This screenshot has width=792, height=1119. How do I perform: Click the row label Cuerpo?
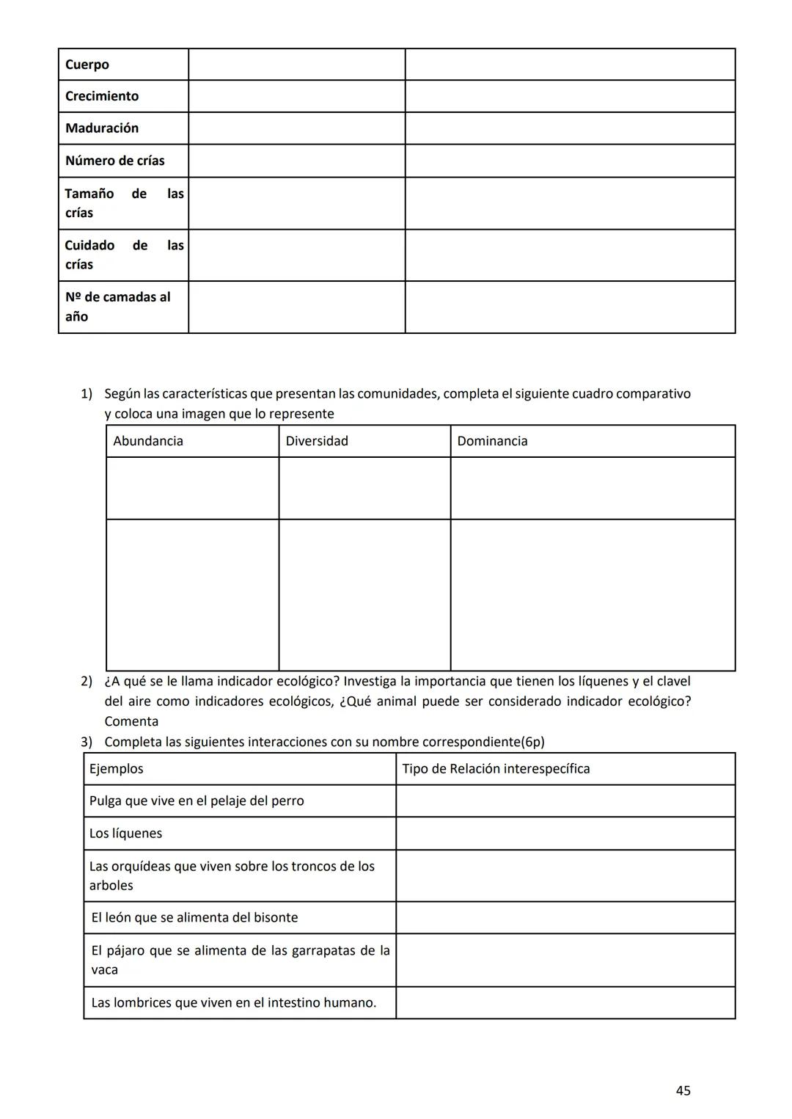coord(87,65)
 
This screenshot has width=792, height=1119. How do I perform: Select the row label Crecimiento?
coord(102,96)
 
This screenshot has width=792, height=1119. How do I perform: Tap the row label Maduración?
coord(102,128)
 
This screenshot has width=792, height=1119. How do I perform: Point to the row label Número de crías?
coord(115,161)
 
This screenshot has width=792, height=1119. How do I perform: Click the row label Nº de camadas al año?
coord(117,307)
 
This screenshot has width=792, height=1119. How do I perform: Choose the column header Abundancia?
coord(148,441)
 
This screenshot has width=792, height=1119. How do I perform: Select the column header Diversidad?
coord(317,441)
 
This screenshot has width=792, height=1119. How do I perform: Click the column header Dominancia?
coord(492,441)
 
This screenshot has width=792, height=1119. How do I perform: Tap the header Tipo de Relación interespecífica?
coord(496,769)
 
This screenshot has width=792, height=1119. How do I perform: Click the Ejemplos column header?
coord(117,769)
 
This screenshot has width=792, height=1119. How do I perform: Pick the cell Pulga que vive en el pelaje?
coord(197,801)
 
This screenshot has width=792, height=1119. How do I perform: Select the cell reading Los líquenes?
coord(125,834)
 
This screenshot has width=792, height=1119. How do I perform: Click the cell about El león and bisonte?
coord(194,918)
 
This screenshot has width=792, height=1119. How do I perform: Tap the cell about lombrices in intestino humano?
coord(233,1003)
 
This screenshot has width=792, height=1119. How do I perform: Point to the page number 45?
coord(683,1091)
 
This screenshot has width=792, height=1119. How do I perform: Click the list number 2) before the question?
coord(87,682)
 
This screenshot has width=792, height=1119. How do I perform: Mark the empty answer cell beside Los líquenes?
coord(565,834)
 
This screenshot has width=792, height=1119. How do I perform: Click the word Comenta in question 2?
coord(131,722)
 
